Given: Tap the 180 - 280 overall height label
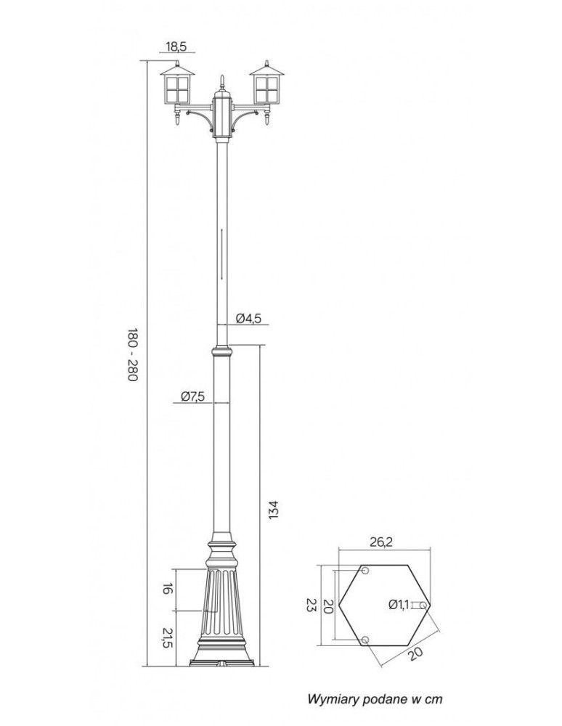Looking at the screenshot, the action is [133, 355].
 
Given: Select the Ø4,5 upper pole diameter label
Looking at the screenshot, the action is [248, 318].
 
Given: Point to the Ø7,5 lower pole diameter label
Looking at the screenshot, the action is [192, 396].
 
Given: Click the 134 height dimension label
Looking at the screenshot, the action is [273, 510].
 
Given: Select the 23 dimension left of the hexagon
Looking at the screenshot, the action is [311, 605].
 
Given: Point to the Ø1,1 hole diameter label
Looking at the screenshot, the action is [399, 604].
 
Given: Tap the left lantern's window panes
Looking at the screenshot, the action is [178, 89].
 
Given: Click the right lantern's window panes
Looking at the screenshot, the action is [266, 89].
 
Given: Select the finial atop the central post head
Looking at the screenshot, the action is [222, 83].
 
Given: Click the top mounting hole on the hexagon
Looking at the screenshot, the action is [365, 571].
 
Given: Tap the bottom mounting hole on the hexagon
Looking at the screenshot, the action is [365, 640].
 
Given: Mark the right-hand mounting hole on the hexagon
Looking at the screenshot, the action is [424, 605].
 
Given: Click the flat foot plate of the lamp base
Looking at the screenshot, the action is [221, 662].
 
